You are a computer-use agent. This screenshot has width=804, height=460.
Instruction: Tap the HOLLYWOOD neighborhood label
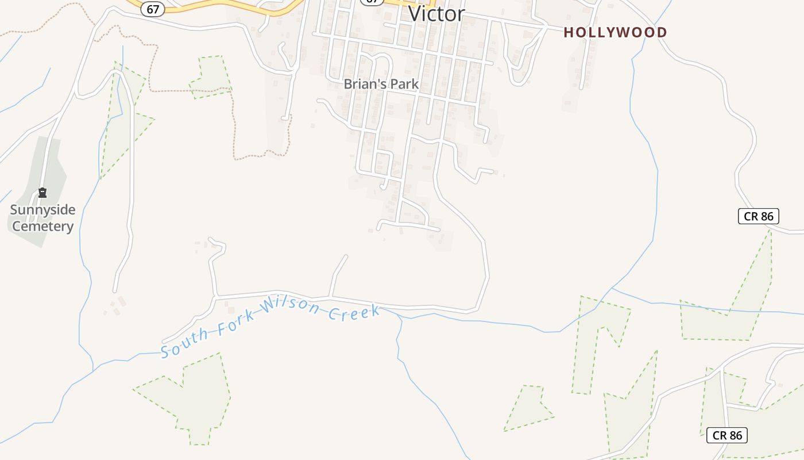(615, 32)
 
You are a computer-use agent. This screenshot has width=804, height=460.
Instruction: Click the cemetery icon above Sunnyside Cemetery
(42, 193)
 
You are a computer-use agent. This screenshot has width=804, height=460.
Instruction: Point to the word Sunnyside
(42, 210)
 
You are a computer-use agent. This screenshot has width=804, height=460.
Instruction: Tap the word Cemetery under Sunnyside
(42, 226)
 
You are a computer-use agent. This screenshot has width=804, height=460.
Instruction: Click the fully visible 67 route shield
(153, 10)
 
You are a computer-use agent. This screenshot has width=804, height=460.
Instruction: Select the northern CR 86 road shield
(759, 216)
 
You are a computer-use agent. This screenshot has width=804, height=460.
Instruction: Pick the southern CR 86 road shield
(727, 435)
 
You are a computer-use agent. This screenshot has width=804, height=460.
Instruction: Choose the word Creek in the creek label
(354, 313)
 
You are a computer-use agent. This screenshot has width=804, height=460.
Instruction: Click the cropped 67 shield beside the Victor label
(372, 2)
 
